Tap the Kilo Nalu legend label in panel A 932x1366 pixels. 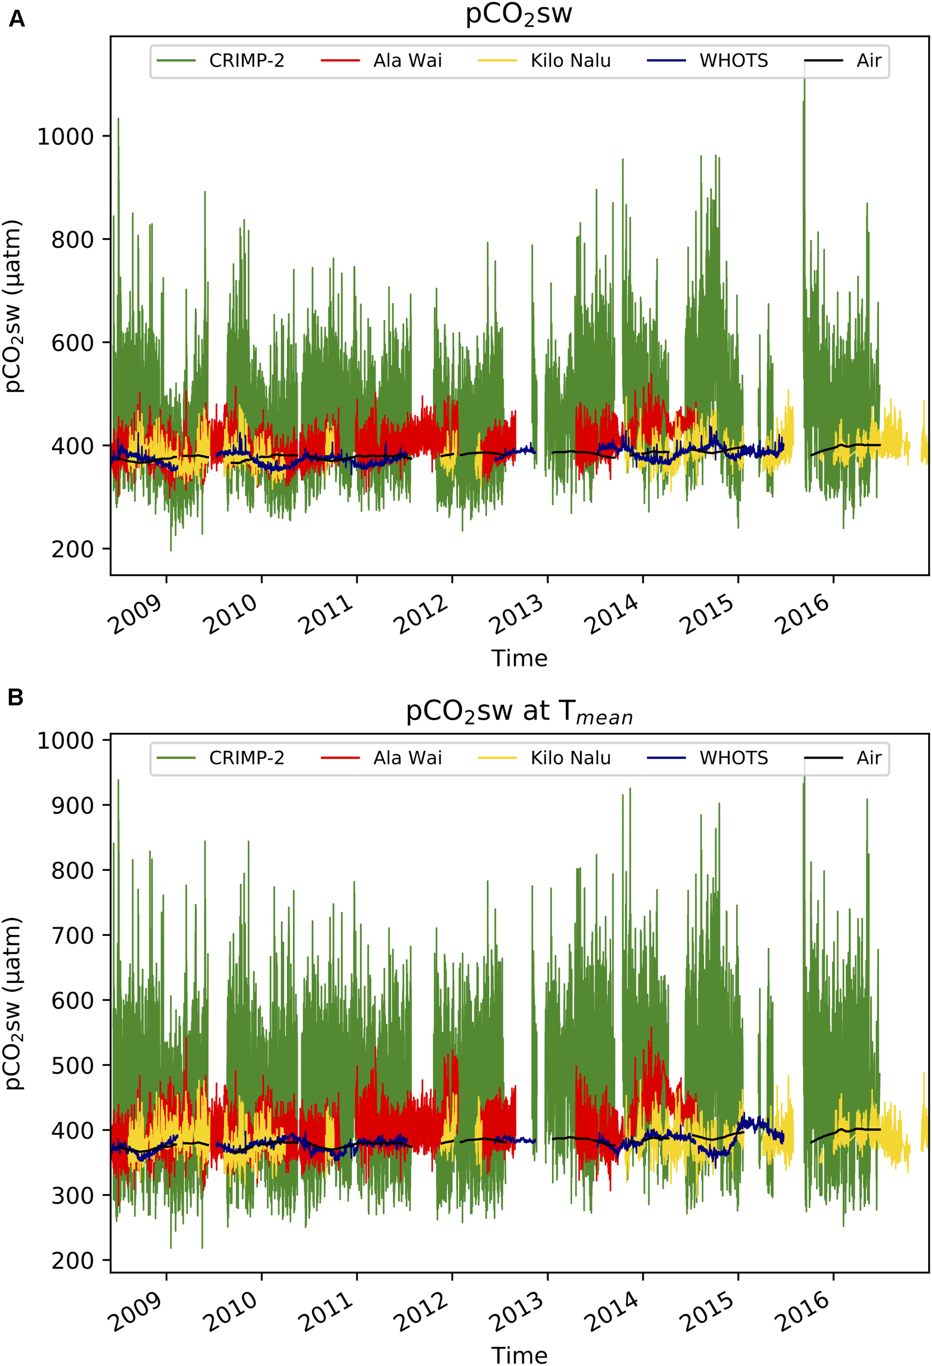click(x=570, y=61)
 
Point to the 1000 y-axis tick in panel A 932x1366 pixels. click(x=65, y=137)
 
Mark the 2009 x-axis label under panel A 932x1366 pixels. click(x=134, y=615)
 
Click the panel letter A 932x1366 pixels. click(x=16, y=19)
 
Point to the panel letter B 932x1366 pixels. click(x=16, y=698)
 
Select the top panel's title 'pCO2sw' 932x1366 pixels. click(x=519, y=14)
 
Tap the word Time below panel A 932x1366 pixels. click(x=519, y=658)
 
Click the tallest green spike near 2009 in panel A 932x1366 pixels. click(x=118, y=121)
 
